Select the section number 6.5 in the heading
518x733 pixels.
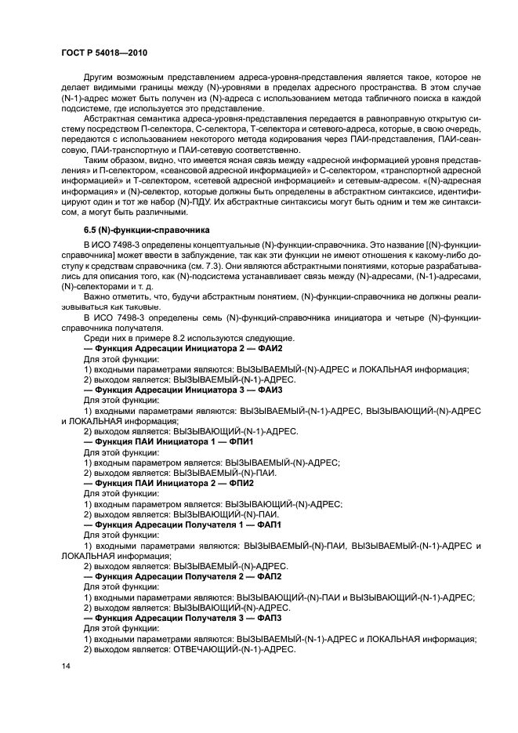click(91, 230)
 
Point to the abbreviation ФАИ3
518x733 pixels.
click(266, 389)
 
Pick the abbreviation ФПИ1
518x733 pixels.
click(239, 441)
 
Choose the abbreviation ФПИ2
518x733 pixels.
click(239, 483)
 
